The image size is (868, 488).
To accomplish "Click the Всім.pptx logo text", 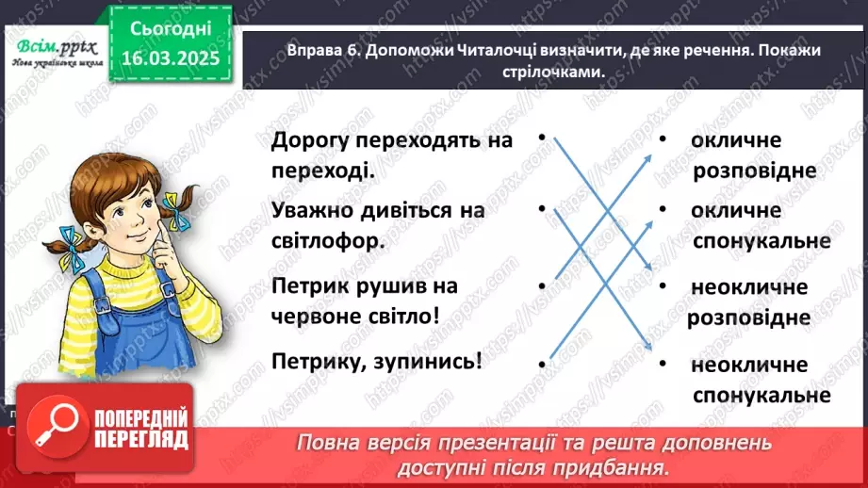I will coord(53,47).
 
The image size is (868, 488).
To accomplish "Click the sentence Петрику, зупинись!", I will coord(376,361).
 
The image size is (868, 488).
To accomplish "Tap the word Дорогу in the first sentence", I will coord(310,140).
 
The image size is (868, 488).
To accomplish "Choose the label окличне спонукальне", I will coord(760,225).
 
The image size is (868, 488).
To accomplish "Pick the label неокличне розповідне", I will coord(748,301).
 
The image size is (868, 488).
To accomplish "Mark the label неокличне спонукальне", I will coord(760,380).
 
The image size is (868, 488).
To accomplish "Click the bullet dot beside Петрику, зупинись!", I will coord(543,363).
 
